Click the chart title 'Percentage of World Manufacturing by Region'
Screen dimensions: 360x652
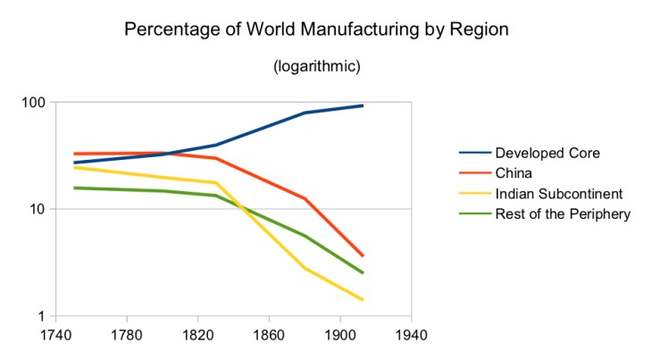[316, 29]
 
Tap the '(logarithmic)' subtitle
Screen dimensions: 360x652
[316, 67]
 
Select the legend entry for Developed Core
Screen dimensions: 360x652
[547, 153]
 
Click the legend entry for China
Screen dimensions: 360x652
[515, 173]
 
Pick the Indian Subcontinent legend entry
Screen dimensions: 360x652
[558, 193]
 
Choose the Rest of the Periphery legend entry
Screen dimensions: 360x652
[563, 213]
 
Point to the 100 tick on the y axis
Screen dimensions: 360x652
[33, 103]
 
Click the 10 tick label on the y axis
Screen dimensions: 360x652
[37, 209]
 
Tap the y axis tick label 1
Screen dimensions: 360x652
[41, 316]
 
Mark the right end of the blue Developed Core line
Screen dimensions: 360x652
[363, 105]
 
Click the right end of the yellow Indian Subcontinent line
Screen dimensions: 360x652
[363, 300]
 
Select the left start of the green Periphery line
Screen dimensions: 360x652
[75, 188]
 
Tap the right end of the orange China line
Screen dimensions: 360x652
[363, 256]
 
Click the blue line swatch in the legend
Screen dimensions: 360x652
[472, 153]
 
